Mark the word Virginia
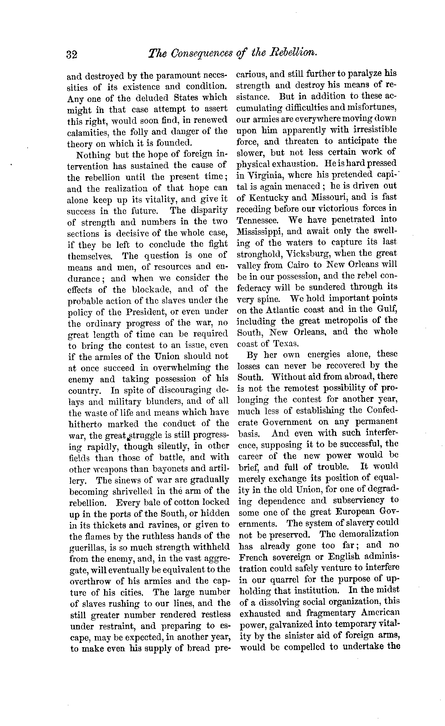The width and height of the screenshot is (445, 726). click(x=266, y=175)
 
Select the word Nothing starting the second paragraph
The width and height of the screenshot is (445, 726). click(x=91, y=154)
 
